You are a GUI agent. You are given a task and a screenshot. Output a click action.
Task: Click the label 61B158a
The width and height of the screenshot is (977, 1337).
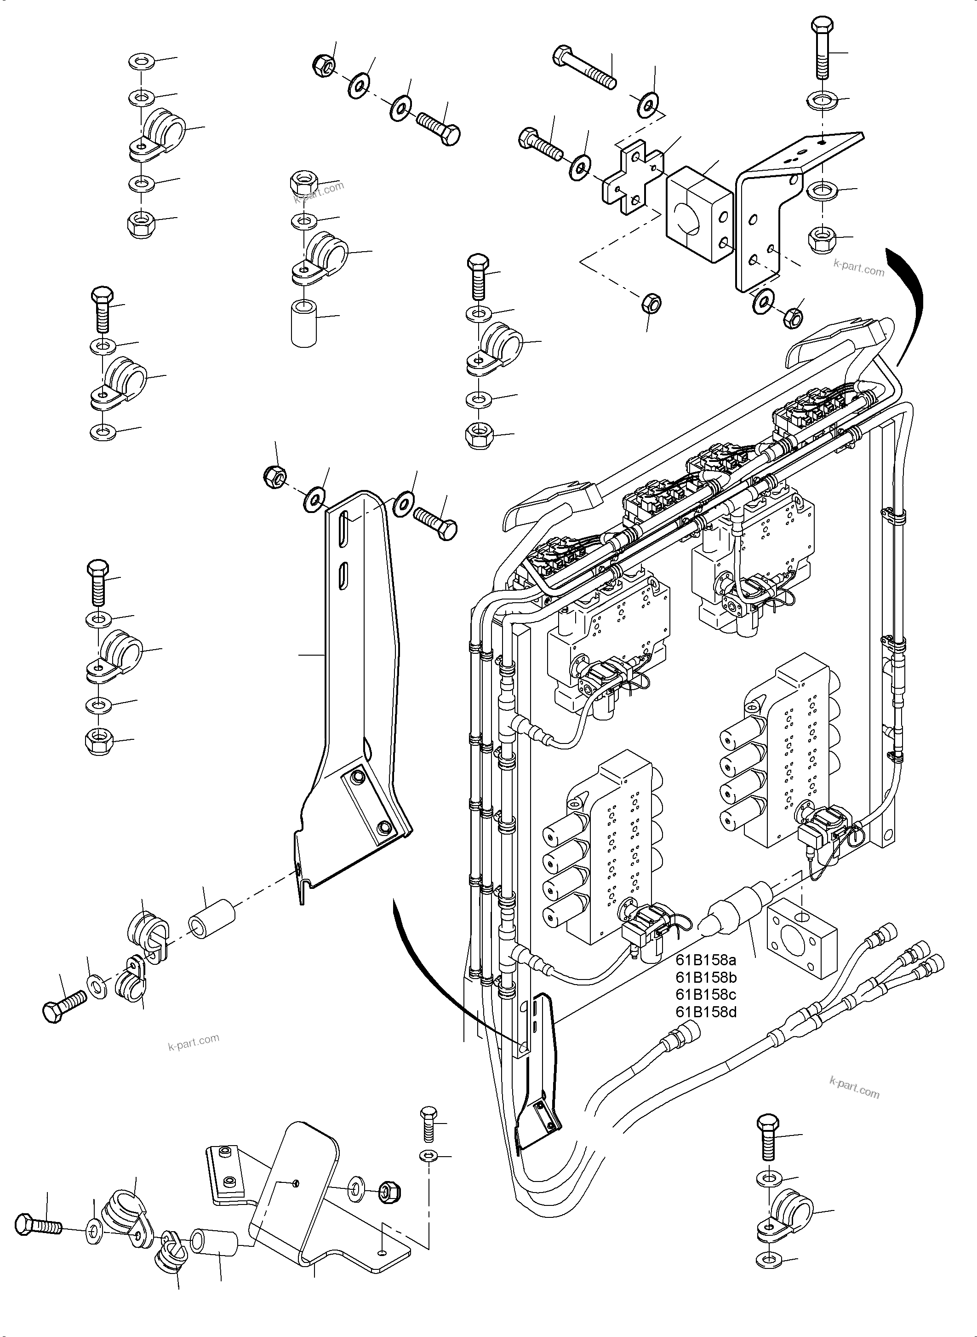click(706, 959)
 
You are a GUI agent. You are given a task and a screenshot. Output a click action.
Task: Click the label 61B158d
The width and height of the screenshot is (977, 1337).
click(706, 1011)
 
